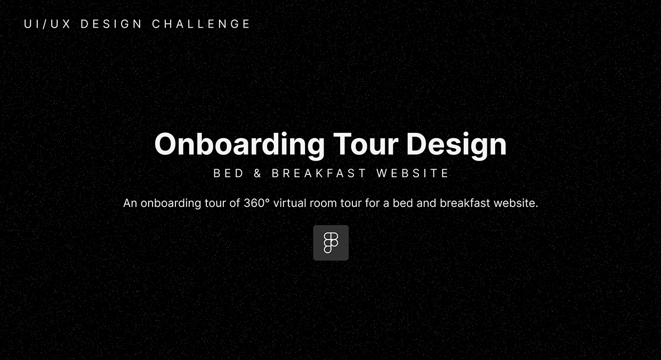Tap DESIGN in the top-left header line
(111, 24)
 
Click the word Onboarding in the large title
(239, 145)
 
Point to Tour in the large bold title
(365, 144)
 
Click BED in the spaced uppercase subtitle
(229, 173)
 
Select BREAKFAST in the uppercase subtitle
(319, 173)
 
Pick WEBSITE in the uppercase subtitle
(413, 173)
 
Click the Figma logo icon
(331, 243)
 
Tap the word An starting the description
(130, 203)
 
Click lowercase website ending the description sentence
(516, 203)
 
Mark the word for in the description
(372, 203)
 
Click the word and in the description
(426, 203)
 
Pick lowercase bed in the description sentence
(403, 203)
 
